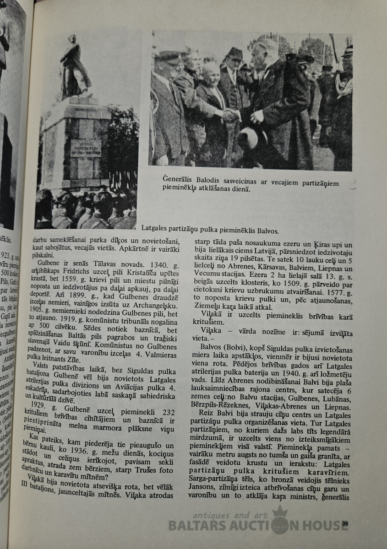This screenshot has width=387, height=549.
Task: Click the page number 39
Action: (x=345, y=523)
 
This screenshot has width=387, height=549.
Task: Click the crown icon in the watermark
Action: (x=280, y=514)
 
